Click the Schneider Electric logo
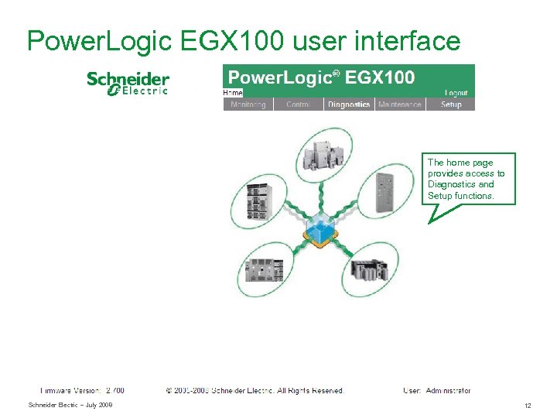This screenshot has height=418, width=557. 128,84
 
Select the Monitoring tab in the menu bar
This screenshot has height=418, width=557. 248,104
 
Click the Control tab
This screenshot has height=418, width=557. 298,104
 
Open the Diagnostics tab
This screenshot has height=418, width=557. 348,104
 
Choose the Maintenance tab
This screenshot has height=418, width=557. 399,104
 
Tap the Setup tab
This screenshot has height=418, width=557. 450,104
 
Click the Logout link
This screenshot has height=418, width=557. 456,93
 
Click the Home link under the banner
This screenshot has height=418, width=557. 233,93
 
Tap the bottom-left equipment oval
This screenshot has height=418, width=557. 265,269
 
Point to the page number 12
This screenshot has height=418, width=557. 528,406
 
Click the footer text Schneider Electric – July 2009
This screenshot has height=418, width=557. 70,406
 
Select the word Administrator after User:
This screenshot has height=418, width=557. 448,391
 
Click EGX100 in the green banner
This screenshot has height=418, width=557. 380,77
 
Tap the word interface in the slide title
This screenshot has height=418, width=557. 407,40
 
